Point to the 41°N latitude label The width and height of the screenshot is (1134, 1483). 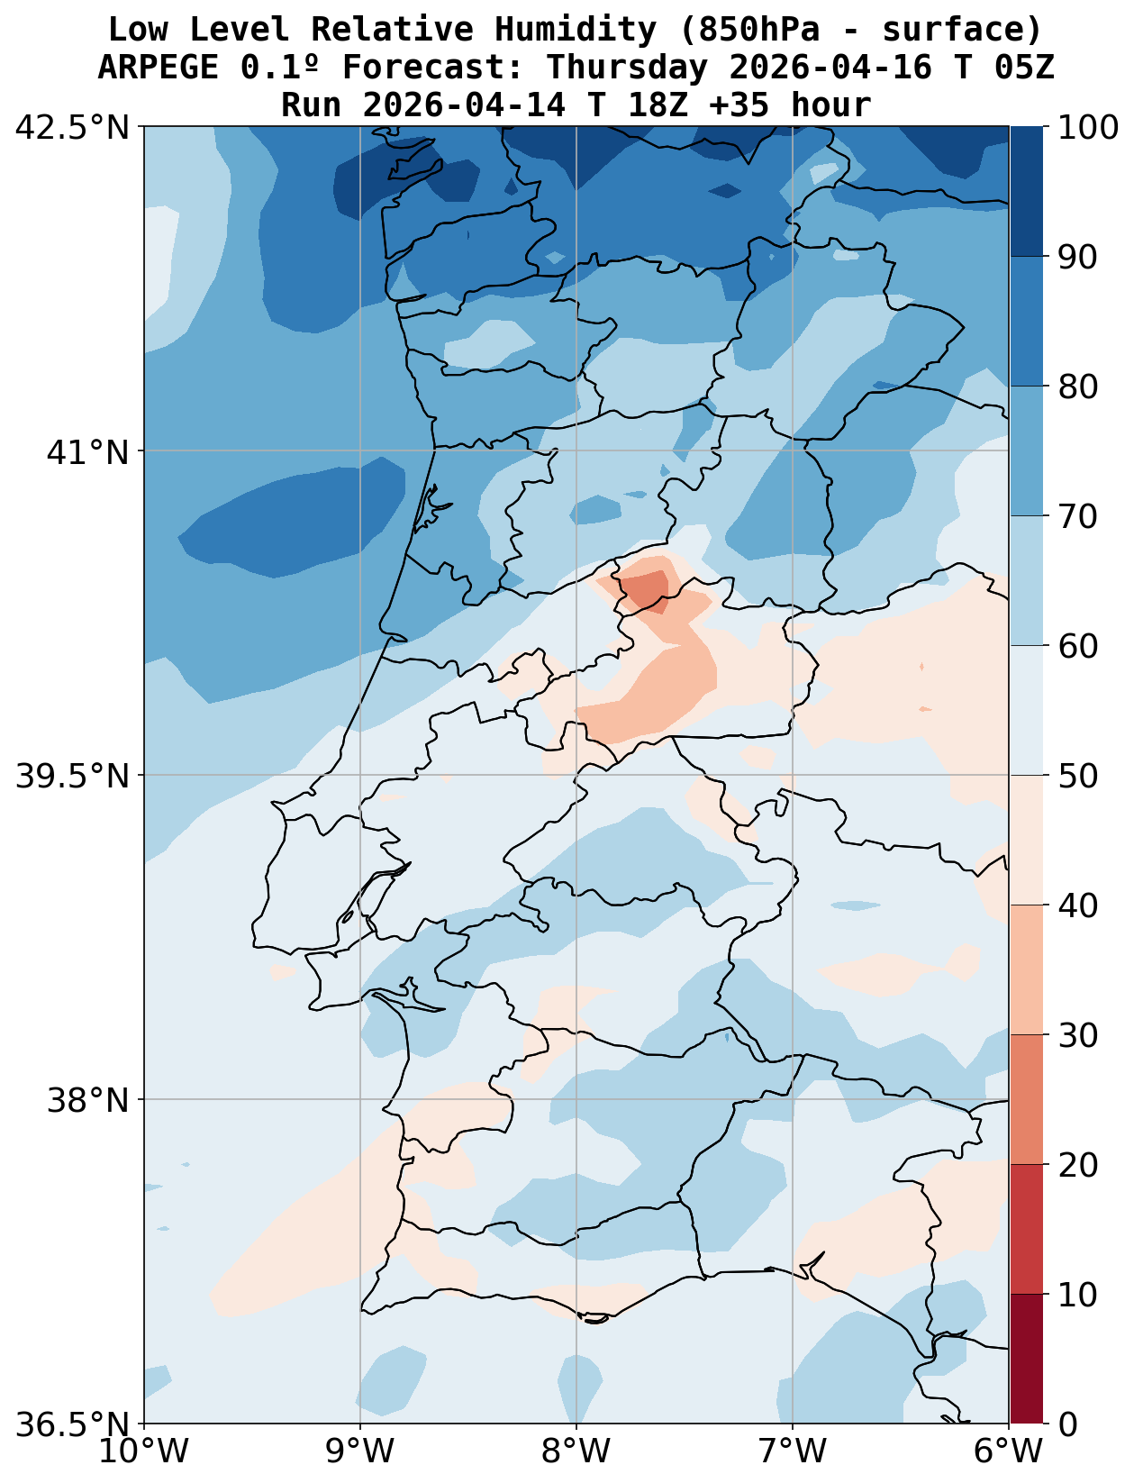pyautogui.click(x=88, y=451)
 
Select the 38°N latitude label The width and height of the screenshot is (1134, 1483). pyautogui.click(x=88, y=1100)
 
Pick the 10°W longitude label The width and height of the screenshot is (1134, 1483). pyautogui.click(x=144, y=1451)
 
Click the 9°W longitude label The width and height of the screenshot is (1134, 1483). pyautogui.click(x=360, y=1451)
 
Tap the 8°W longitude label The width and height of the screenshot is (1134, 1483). pyautogui.click(x=576, y=1451)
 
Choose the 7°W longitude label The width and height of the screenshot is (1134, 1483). pyautogui.click(x=793, y=1451)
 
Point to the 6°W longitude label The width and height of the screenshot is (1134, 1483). pyautogui.click(x=1009, y=1451)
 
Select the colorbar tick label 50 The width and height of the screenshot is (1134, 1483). pyautogui.click(x=1077, y=776)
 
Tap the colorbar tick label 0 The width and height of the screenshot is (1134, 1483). pyautogui.click(x=1066, y=1424)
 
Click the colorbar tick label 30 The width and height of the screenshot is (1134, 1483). pyautogui.click(x=1077, y=1035)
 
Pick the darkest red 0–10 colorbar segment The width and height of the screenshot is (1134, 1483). pyautogui.click(x=1026, y=1359)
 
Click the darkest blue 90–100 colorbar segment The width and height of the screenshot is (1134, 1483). pyautogui.click(x=1026, y=191)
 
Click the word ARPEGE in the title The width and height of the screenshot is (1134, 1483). pyautogui.click(x=158, y=68)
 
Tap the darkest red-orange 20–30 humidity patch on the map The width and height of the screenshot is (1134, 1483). pyautogui.click(x=647, y=589)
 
